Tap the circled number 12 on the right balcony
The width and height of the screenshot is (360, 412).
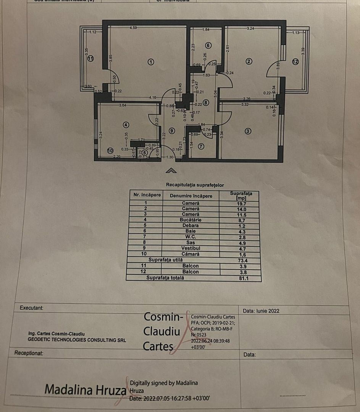295,62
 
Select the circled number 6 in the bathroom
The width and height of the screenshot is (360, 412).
208,45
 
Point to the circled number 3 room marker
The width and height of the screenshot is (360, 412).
248,131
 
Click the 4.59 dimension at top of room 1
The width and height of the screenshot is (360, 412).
133,28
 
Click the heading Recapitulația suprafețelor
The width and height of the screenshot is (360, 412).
195,185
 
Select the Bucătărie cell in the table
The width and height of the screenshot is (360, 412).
190,220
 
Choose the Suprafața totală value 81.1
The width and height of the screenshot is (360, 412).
241,278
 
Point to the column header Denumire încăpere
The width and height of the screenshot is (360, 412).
190,196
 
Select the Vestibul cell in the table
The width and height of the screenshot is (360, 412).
190,248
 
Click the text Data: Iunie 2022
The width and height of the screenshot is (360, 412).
261,311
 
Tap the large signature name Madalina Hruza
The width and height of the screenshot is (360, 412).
85,390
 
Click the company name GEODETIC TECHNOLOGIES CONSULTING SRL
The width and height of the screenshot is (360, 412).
77,340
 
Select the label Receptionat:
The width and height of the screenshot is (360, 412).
29,353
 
